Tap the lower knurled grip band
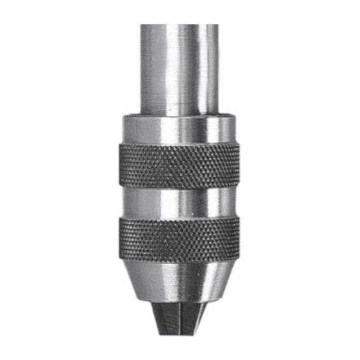pyautogui.click(x=179, y=239)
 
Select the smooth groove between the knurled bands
pyautogui.click(x=179, y=203)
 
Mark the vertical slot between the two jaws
pyautogui.click(x=180, y=320)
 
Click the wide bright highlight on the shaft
pyautogui.click(x=166, y=66)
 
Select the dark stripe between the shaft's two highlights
pyautogui.click(x=191, y=66)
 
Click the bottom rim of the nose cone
pyautogui.click(x=179, y=302)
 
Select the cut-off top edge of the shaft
pyautogui.click(x=179, y=25)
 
